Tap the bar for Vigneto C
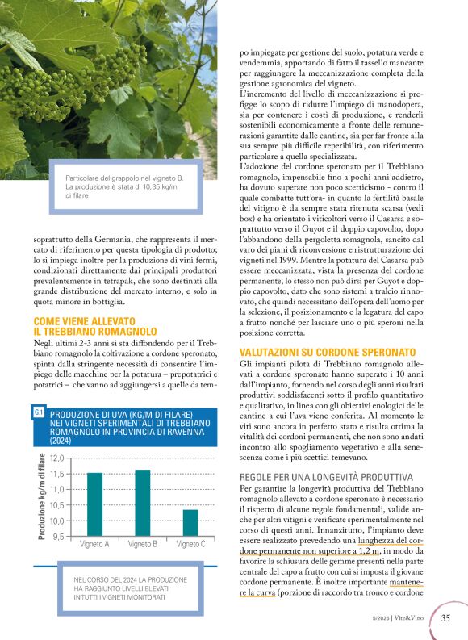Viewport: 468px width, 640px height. (x=190, y=523)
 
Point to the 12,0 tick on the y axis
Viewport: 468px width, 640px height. (x=56, y=458)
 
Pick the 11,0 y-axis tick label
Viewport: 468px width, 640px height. (x=56, y=490)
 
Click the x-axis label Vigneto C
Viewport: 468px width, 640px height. (x=190, y=545)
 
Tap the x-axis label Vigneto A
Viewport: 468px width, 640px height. (x=95, y=545)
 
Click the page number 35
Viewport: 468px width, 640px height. (x=445, y=619)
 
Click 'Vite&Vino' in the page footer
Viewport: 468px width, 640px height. (x=414, y=619)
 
